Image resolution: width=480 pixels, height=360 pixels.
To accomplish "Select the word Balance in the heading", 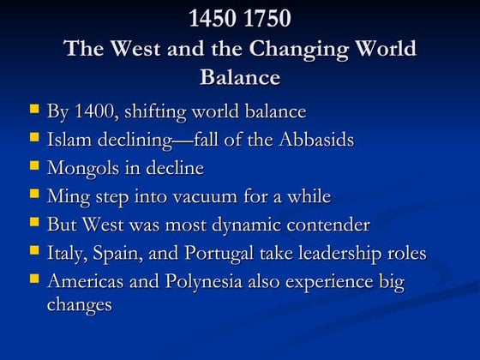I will [240, 77].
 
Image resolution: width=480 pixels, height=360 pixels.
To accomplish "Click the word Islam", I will [68, 140].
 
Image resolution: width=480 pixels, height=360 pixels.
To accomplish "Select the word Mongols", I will [82, 169].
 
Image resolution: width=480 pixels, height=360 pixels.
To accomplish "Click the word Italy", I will [66, 254].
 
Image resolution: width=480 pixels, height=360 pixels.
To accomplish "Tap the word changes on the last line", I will [80, 305].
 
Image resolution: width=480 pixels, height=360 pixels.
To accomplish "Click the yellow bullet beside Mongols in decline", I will [33, 165].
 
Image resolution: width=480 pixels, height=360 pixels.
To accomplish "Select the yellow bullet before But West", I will [33, 222].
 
